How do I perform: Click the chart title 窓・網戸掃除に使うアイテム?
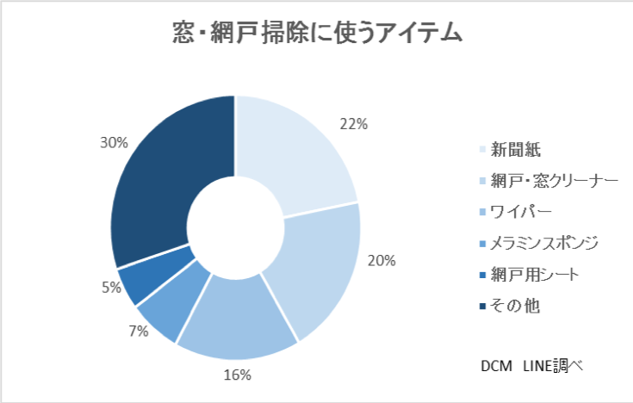click(x=316, y=34)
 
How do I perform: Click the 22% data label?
click(x=355, y=124)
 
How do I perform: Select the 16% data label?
click(x=237, y=375)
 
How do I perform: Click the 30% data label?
click(x=114, y=142)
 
